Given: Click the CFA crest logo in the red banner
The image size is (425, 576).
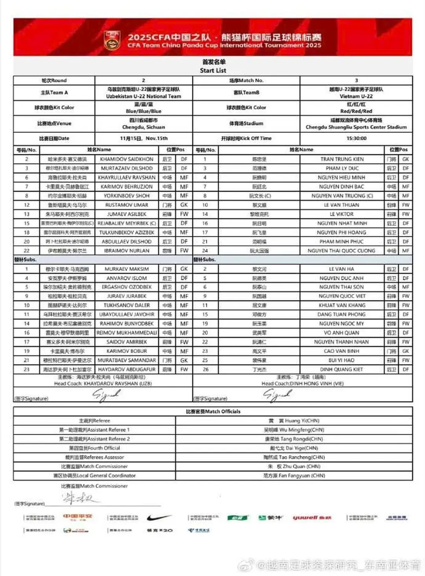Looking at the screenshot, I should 112,41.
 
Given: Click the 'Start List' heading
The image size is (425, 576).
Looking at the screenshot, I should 213,71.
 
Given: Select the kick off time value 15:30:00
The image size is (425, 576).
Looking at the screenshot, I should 356,138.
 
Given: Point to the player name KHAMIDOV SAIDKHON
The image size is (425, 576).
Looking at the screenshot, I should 127,159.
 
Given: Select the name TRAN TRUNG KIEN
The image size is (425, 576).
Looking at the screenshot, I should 342,159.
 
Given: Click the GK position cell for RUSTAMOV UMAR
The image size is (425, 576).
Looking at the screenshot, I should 184,205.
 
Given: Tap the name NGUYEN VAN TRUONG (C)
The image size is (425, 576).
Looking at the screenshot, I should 342,196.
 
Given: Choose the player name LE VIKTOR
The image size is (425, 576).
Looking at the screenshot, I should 342,214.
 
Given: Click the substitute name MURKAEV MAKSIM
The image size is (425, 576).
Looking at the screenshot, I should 127,269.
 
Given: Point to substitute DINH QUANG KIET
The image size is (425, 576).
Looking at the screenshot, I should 342,370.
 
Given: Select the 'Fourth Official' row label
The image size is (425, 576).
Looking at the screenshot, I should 94,448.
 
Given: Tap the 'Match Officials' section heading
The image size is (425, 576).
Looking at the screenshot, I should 213,411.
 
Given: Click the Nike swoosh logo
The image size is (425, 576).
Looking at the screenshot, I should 159,517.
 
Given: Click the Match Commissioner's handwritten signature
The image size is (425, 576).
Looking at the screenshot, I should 79,499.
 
